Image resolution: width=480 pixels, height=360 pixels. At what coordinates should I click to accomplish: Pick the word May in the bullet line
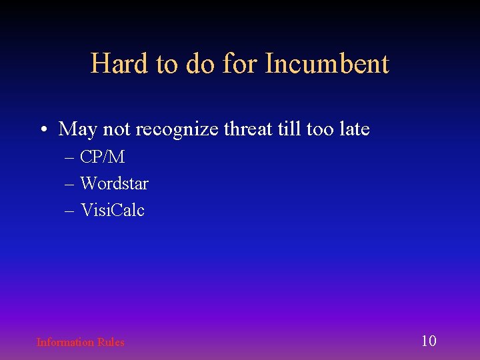78,129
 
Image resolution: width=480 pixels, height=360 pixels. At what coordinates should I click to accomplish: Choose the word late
353,129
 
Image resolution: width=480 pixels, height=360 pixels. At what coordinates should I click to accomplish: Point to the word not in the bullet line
117,129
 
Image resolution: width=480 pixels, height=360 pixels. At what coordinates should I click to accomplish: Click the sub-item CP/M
102,157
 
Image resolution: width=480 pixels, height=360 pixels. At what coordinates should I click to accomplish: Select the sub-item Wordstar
114,183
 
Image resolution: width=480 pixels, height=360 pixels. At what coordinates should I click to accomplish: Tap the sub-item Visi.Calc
112,210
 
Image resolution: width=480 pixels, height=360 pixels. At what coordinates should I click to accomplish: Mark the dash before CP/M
70,158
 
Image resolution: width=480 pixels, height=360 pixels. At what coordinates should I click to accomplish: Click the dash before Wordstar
70,184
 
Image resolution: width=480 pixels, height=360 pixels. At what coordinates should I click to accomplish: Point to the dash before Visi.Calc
70,211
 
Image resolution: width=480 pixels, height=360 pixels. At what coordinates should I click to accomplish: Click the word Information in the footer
65,342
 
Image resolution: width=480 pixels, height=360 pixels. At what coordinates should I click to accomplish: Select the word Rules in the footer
111,342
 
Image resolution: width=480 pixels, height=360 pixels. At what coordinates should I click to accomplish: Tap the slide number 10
429,341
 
